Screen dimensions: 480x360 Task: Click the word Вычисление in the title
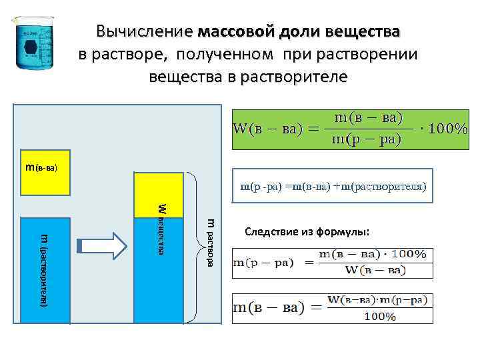click(x=143, y=32)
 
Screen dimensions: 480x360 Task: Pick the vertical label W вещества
click(x=162, y=227)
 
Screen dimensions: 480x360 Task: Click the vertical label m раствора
click(x=210, y=243)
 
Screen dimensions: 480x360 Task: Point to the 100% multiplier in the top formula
click(x=445, y=129)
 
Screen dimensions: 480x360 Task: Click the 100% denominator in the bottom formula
click(x=379, y=317)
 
